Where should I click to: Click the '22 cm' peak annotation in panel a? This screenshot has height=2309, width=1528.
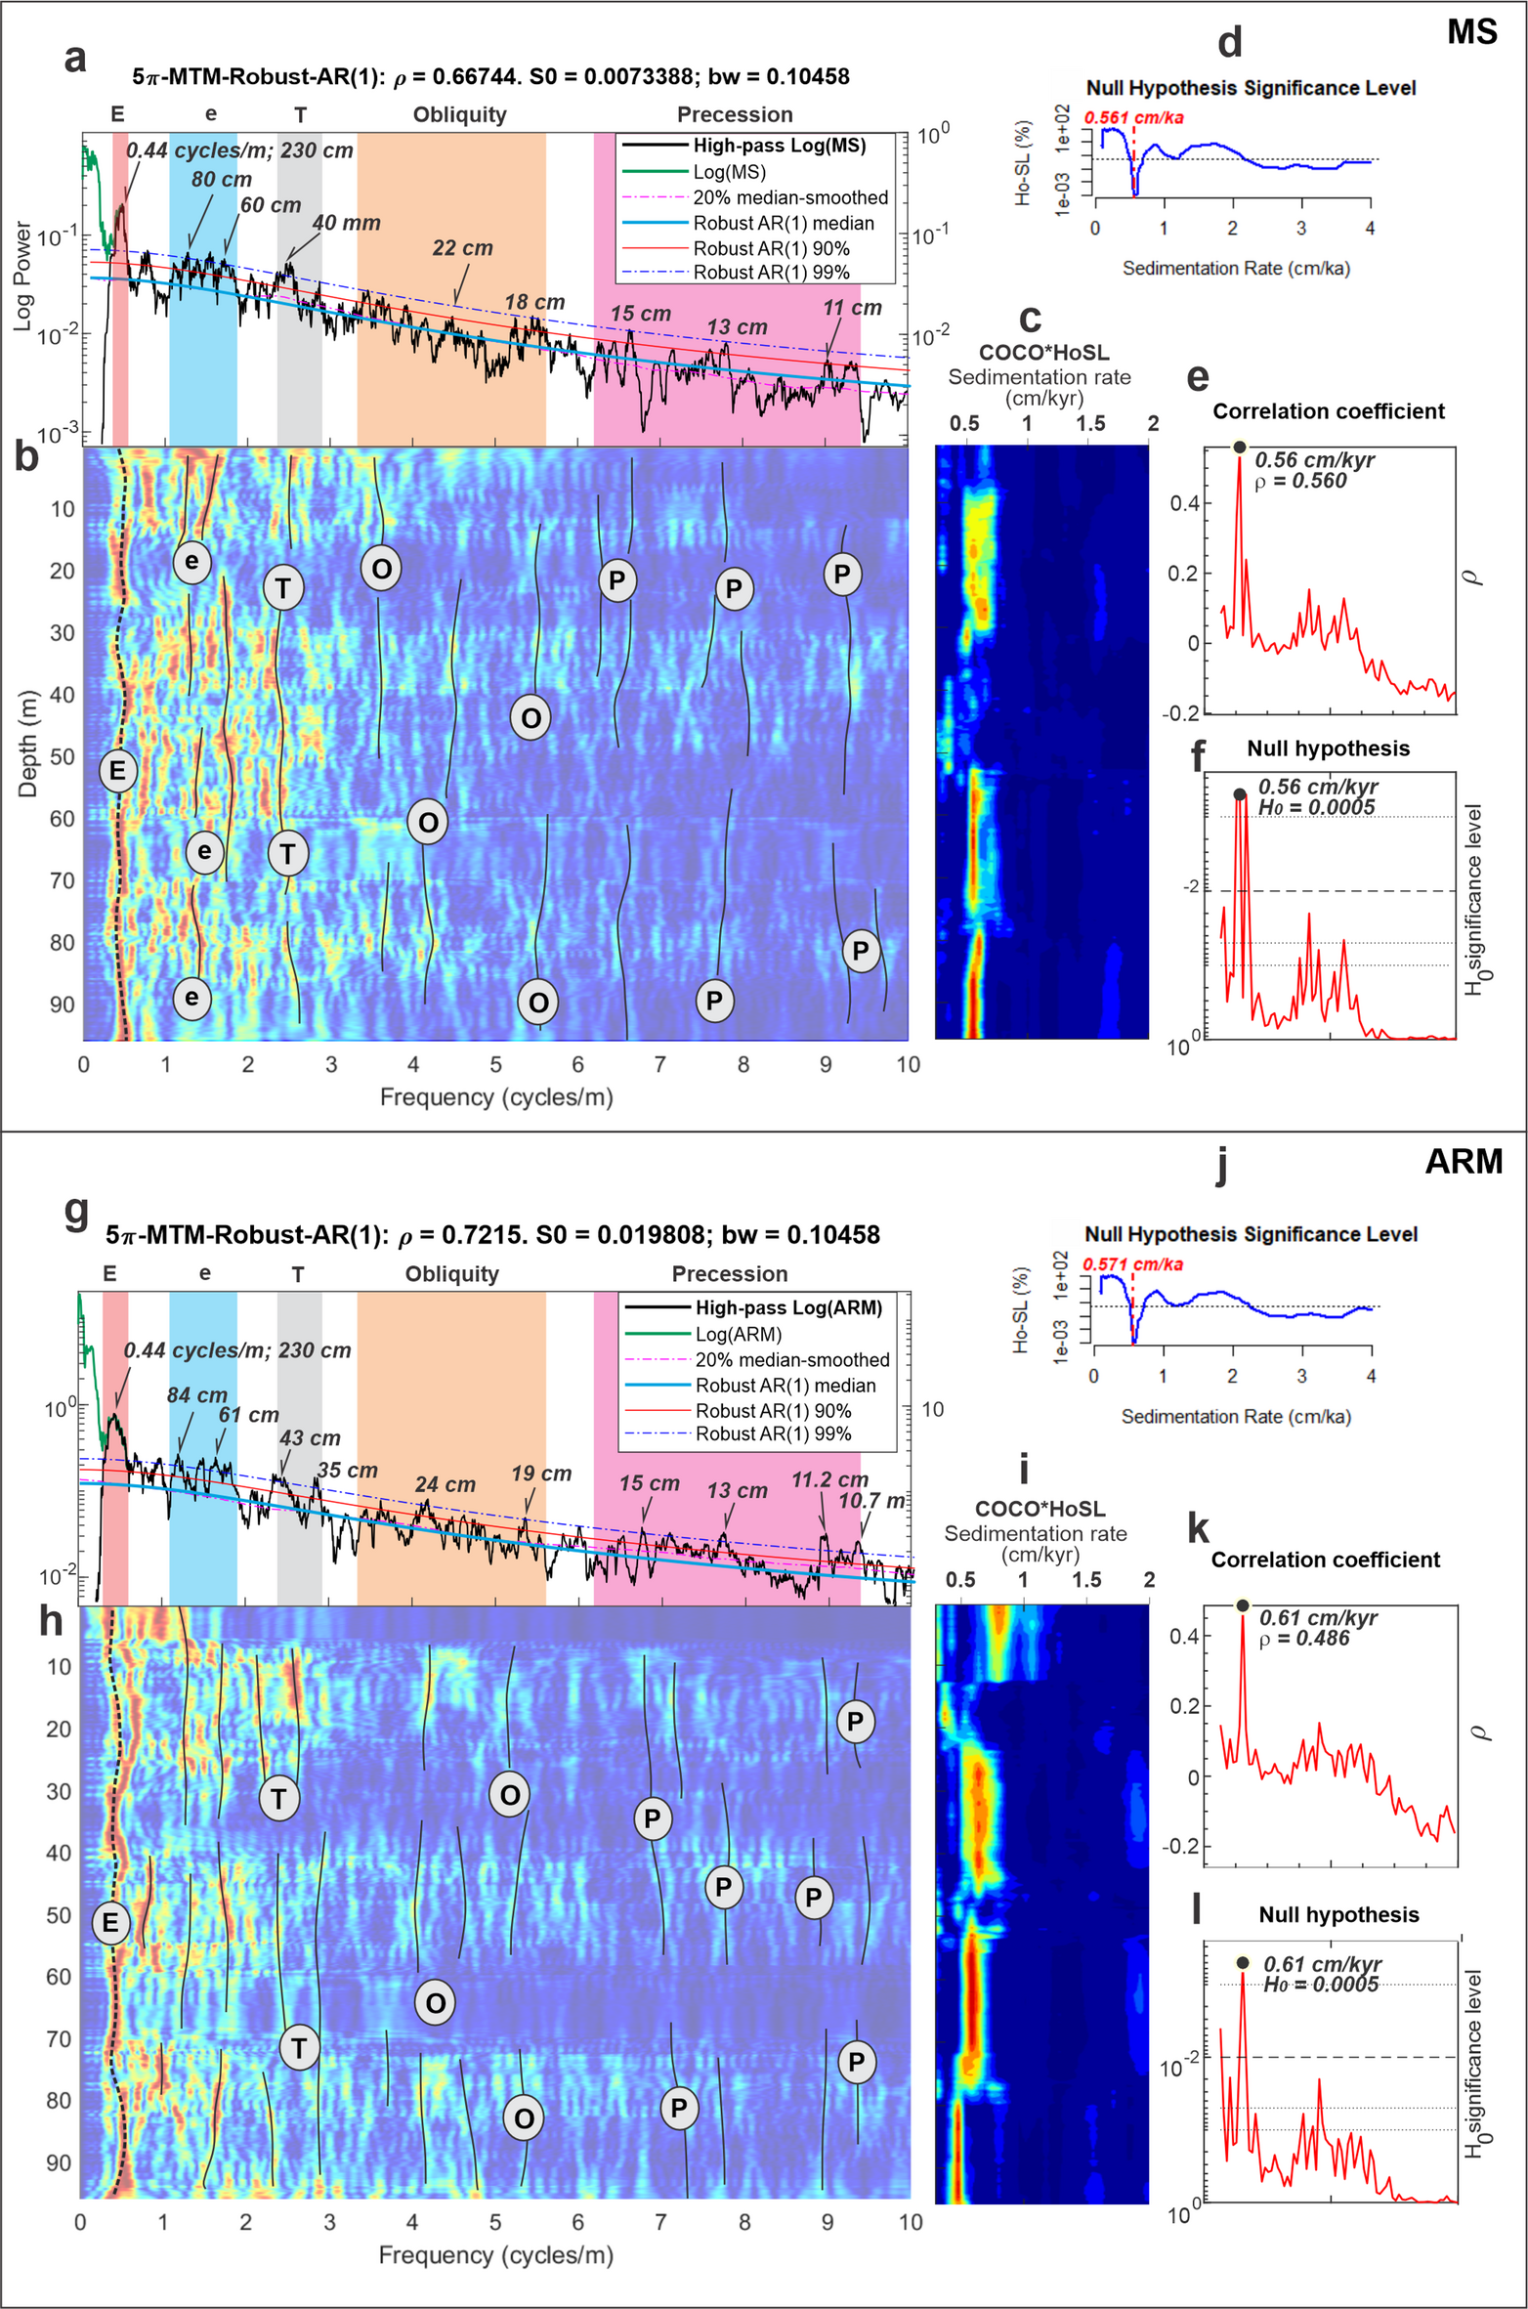click(462, 248)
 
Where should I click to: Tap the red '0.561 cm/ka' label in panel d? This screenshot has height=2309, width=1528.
click(1133, 118)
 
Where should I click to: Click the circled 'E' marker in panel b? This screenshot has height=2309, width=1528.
click(118, 770)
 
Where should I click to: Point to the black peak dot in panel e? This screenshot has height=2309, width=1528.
click(1239, 448)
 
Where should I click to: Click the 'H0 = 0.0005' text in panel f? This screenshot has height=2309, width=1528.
click(1315, 807)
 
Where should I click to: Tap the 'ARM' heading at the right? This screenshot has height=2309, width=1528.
click(1463, 1161)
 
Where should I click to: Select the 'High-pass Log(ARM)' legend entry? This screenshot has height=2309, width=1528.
click(787, 1307)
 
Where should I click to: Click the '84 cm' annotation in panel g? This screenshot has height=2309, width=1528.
click(196, 1395)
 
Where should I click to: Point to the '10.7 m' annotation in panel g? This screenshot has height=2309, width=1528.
click(871, 1500)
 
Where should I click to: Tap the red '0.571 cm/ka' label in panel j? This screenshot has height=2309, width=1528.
click(1132, 1264)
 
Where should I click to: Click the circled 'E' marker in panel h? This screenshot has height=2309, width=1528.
click(110, 1923)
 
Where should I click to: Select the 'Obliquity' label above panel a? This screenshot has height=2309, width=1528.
click(459, 115)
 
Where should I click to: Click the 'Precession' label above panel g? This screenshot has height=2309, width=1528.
click(729, 1274)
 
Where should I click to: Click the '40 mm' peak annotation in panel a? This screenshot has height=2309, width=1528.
click(346, 223)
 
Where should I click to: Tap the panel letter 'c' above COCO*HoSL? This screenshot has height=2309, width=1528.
click(1029, 319)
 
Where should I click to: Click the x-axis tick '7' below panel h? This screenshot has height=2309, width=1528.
click(660, 2221)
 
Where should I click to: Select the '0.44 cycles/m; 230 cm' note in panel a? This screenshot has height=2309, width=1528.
click(239, 150)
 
